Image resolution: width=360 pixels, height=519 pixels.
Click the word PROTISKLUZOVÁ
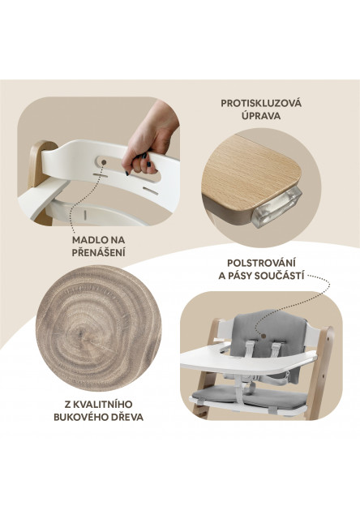tap(261, 103)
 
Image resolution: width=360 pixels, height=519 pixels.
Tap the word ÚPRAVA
tap(261, 116)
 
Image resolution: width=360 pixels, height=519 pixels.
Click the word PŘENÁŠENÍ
tap(99, 253)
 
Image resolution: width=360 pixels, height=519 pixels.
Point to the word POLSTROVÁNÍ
tap(261, 263)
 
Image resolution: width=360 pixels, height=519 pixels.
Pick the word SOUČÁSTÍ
tap(279, 276)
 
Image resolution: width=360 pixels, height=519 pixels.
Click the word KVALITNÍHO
tap(103, 404)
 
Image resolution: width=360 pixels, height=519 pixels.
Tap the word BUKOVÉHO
tap(77, 417)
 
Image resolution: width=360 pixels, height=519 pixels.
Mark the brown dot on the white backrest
tap(105, 162)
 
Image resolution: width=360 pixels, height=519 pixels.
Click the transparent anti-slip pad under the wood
tap(277, 207)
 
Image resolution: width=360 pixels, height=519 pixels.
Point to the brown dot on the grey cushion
tap(263, 336)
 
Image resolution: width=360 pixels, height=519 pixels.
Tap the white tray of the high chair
tap(248, 360)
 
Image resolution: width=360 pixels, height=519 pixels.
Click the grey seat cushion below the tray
tap(251, 397)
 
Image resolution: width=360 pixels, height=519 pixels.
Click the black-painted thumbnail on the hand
tap(148, 165)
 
